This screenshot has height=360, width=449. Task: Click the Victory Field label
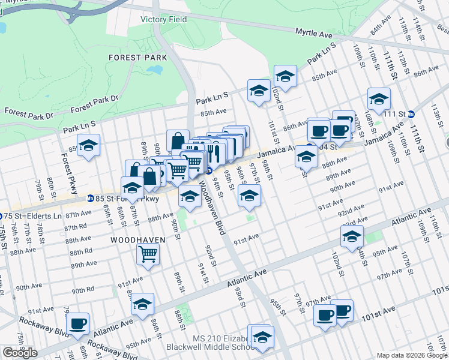163,19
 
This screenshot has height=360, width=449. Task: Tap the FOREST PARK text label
133,58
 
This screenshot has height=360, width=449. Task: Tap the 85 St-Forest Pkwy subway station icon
89,198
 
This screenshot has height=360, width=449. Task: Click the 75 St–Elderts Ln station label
35,215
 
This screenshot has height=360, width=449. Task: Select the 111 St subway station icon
411,114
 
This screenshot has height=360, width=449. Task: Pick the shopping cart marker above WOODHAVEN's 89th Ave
148,253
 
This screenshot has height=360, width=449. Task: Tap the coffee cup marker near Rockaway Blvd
77,324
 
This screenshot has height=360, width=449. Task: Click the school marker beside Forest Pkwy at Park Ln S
89,146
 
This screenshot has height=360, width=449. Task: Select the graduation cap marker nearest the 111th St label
379,99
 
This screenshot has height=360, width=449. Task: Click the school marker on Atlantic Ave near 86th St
142,304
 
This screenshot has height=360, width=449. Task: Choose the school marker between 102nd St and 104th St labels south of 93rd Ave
352,236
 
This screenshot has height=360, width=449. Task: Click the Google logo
20,353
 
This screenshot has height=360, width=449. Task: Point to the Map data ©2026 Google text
412,355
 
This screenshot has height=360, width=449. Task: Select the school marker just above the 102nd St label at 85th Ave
285,76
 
